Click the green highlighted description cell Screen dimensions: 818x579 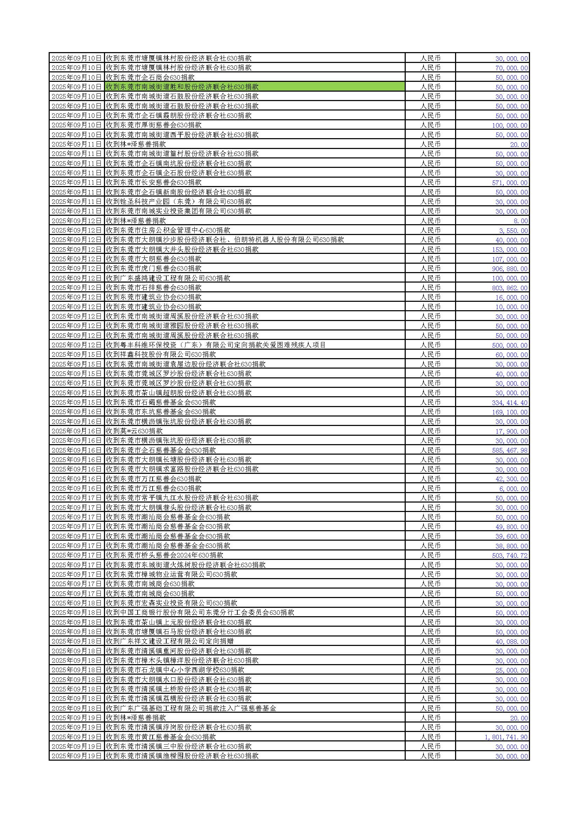click(x=254, y=87)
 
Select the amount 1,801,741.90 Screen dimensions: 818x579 click(x=506, y=737)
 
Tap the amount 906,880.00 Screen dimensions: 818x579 click(x=509, y=269)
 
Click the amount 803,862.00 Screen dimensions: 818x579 click(x=509, y=288)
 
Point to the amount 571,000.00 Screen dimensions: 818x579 click(x=509, y=183)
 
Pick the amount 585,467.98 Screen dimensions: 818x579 click(x=509, y=450)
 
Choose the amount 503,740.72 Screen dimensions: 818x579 click(x=509, y=555)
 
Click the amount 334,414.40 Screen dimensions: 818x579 click(x=509, y=403)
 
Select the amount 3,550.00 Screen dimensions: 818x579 click(x=513, y=230)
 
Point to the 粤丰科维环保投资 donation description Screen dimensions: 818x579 click(x=216, y=345)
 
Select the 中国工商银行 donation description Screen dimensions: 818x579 click(x=200, y=612)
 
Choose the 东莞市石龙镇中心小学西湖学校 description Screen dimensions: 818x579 click(x=175, y=670)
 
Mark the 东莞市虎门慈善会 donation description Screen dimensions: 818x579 click(x=154, y=268)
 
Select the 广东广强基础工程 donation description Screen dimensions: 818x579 click(x=191, y=708)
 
